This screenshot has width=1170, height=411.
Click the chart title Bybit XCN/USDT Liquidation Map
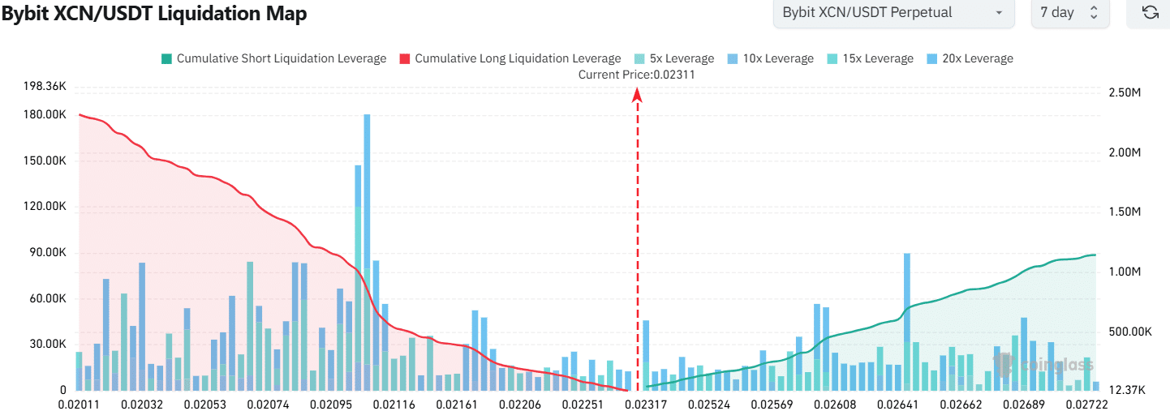click(154, 14)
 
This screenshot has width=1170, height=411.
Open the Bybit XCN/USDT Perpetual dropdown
click(893, 13)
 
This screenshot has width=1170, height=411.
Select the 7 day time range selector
click(1069, 13)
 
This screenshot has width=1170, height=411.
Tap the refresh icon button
click(1149, 13)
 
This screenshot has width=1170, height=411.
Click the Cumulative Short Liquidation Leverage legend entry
click(274, 58)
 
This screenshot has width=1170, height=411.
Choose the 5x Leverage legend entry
click(673, 58)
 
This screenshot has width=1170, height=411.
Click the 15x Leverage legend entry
click(869, 58)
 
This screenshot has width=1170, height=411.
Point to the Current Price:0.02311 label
click(636, 75)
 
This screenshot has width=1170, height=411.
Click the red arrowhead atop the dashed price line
click(637, 94)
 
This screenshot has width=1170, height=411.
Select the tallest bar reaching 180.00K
click(367, 243)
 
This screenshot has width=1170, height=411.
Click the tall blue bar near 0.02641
click(906, 316)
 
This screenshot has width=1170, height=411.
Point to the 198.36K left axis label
click(45, 86)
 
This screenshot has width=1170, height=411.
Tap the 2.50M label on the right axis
click(1125, 93)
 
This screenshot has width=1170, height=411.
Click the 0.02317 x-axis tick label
click(647, 404)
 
